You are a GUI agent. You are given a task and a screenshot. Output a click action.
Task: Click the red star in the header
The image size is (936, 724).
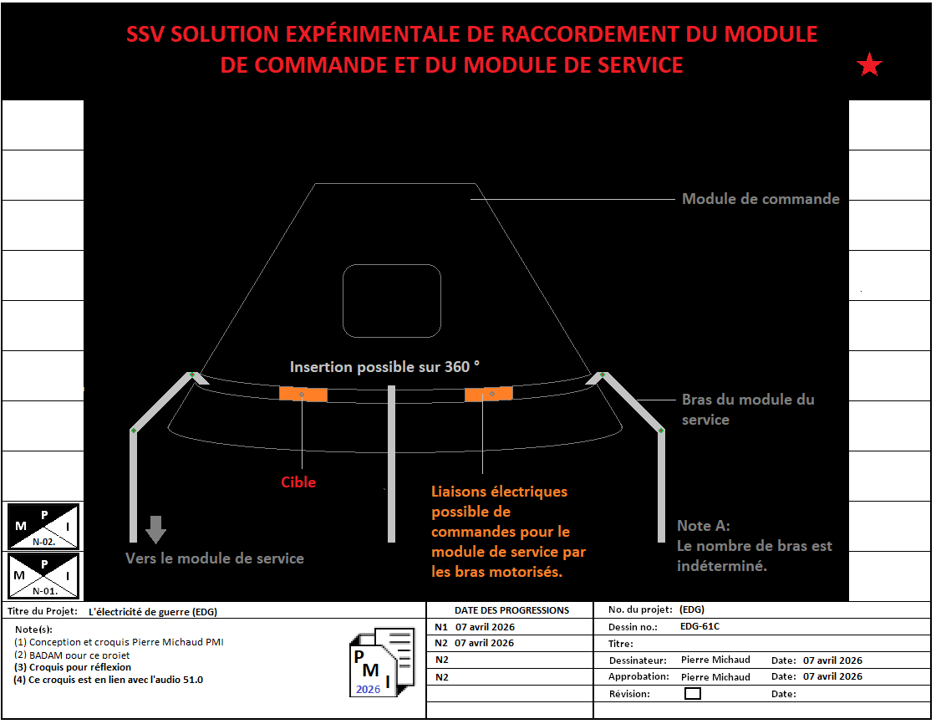pyautogui.click(x=870, y=65)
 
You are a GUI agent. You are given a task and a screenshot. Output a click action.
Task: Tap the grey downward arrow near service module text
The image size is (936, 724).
pyautogui.click(x=156, y=529)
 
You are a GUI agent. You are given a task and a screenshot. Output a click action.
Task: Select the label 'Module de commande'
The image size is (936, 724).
pyautogui.click(x=760, y=199)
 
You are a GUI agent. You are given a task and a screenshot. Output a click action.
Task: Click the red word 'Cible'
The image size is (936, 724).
pyautogui.click(x=298, y=482)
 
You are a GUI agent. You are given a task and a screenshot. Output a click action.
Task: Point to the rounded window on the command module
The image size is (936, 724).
pyautogui.click(x=392, y=301)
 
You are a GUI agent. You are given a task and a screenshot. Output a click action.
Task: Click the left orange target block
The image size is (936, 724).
pyautogui.click(x=303, y=395)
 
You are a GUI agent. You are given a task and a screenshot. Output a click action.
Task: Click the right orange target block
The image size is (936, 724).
pyautogui.click(x=489, y=395)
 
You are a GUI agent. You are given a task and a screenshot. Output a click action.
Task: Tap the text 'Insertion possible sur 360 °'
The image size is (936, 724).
pyautogui.click(x=385, y=367)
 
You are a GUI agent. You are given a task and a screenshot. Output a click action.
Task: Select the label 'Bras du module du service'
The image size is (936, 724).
pyautogui.click(x=747, y=410)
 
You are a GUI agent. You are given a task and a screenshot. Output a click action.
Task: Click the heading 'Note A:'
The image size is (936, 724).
pyautogui.click(x=704, y=526)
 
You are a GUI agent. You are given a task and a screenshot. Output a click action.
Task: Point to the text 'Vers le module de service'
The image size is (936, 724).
pyautogui.click(x=215, y=558)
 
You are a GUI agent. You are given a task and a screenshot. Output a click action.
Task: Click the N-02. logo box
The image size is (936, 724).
pyautogui.click(x=43, y=525)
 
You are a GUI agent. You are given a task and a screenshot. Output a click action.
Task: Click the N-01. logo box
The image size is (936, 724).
pyautogui.click(x=43, y=575)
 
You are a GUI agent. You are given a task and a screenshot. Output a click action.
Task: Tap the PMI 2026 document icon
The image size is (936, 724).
pyautogui.click(x=381, y=662)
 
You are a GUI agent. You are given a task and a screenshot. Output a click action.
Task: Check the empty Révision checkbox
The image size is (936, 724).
pyautogui.click(x=693, y=693)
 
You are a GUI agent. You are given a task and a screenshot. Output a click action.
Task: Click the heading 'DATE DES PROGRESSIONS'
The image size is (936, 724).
pyautogui.click(x=511, y=610)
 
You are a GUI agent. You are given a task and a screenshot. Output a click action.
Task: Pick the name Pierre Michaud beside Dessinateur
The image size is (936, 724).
pyautogui.click(x=715, y=660)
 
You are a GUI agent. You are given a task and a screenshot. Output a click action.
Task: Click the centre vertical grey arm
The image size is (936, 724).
pyautogui.click(x=391, y=464)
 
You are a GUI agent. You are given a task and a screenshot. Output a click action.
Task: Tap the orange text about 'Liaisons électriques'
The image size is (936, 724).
pyautogui.click(x=508, y=533)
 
